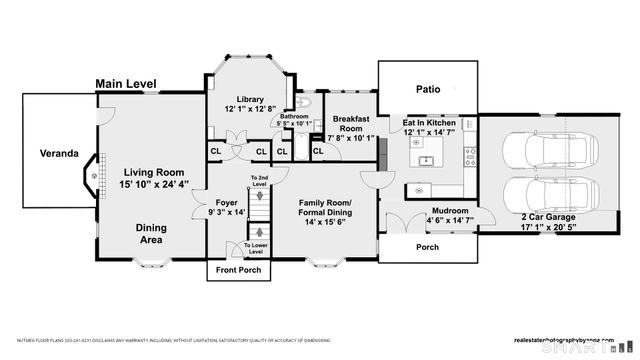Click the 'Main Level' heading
[126, 84]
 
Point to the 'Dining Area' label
[152, 234]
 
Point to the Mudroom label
[449, 211]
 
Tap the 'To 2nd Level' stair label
[258, 181]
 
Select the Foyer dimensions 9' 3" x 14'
[226, 212]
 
